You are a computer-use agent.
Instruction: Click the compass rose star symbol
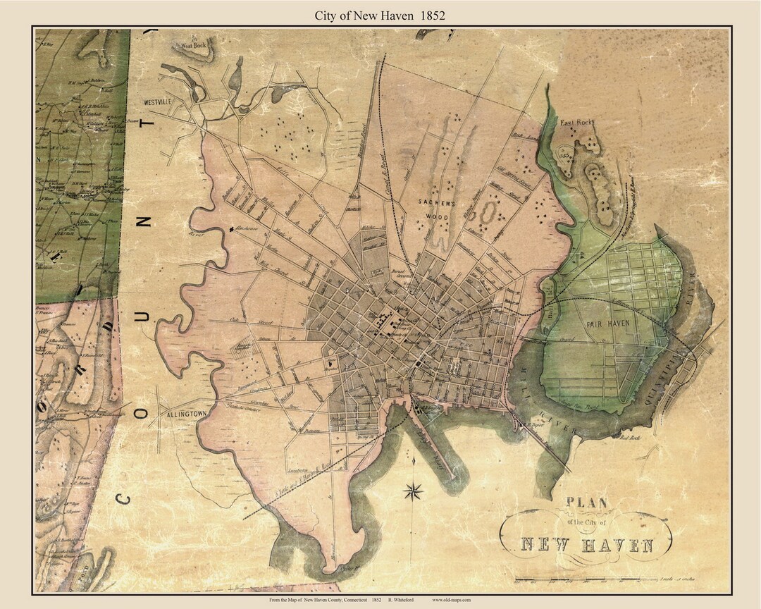point(413,491)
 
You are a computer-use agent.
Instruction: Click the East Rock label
point(577,123)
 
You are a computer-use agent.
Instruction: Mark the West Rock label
point(197,45)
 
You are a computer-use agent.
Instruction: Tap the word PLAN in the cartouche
point(586,503)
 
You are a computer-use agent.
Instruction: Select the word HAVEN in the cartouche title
point(620,545)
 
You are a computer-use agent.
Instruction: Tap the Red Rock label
point(629,438)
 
